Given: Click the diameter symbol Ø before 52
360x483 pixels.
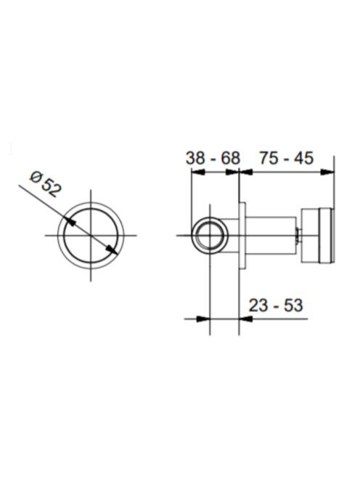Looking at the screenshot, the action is click(36, 177).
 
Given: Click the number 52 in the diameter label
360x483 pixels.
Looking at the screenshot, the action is click(49, 188).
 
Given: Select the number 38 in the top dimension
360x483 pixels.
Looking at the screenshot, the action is click(195, 159).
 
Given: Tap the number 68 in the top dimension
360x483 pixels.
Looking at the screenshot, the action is click(231, 159).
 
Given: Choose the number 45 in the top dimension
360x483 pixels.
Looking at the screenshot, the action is click(304, 158).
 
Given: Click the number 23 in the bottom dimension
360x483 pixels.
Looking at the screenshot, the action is click(258, 306).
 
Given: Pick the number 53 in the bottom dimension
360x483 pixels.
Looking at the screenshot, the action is click(294, 306).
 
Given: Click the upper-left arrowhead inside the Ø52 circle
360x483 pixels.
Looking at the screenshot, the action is click(70, 221).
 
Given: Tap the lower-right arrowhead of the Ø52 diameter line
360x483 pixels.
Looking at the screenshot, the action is click(112, 250).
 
